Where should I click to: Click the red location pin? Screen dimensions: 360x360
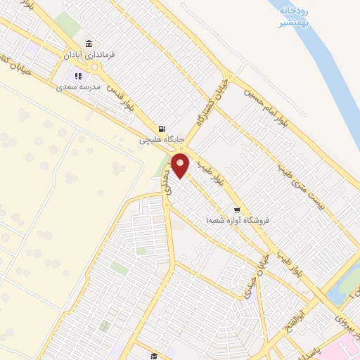point(181,167)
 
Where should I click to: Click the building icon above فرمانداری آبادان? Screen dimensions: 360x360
point(89,43)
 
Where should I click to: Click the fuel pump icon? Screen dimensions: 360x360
point(162,129)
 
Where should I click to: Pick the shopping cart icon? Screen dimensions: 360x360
point(238,210)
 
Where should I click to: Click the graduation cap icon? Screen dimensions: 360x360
point(155,356)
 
